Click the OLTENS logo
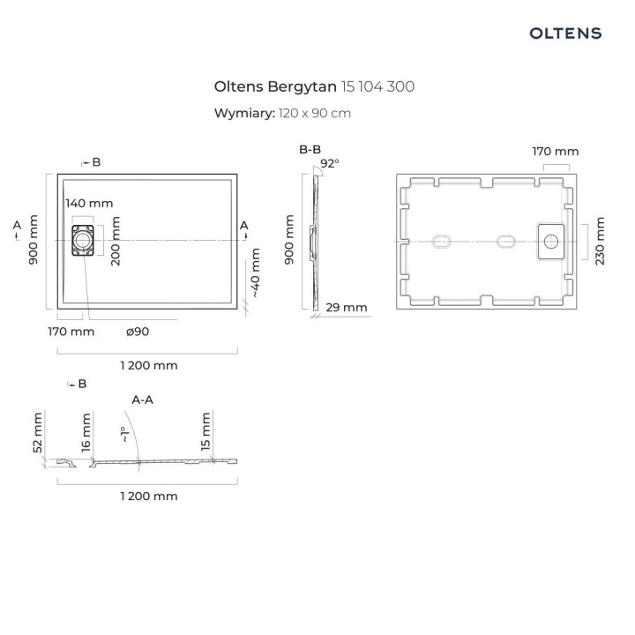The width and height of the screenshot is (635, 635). pos(565,34)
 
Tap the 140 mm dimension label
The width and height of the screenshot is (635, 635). pos(90,203)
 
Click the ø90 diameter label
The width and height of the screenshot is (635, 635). pos(138,332)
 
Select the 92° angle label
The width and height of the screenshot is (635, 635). pos(330,163)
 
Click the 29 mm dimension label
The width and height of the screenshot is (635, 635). pos(346,307)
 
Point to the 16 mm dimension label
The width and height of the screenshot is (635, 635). pos(86,432)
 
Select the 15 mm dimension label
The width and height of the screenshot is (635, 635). pos(205,431)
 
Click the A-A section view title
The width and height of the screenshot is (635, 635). pos(143,400)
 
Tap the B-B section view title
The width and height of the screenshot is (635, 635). pos(310,150)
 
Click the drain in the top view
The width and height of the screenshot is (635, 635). pos(81,239)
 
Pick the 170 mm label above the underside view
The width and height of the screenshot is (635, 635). pos(556,151)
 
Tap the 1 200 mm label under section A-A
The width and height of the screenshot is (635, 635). pos(148,496)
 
